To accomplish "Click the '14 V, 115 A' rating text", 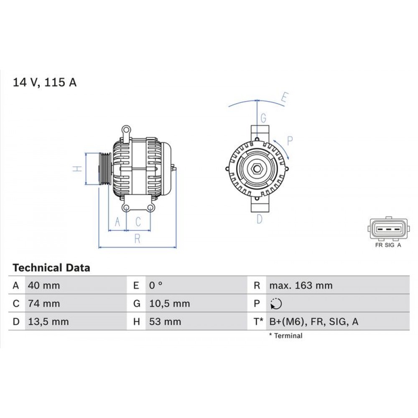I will coord(45,82).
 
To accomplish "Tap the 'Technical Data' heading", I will coord(51,268).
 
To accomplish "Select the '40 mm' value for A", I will coord(43,286).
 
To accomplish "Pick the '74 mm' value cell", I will coord(43,303).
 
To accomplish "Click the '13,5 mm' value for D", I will coord(48,321).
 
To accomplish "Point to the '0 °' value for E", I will coord(156,286).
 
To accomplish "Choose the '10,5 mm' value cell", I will coord(170,303).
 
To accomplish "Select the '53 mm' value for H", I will coord(166,321).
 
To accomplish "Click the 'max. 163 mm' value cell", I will coord(301,286).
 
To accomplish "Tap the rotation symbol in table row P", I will coord(276,304).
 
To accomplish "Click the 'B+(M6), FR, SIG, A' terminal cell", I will coord(313,321).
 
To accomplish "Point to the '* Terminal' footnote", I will coord(285,336).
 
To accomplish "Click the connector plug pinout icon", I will coord(388,229).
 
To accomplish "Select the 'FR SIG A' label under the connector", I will coord(388,245).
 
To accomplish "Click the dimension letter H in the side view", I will coord(76,169).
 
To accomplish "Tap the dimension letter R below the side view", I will coord(137,239).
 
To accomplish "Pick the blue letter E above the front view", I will coord(284,99).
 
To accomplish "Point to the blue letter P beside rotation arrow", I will coord(290,140).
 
